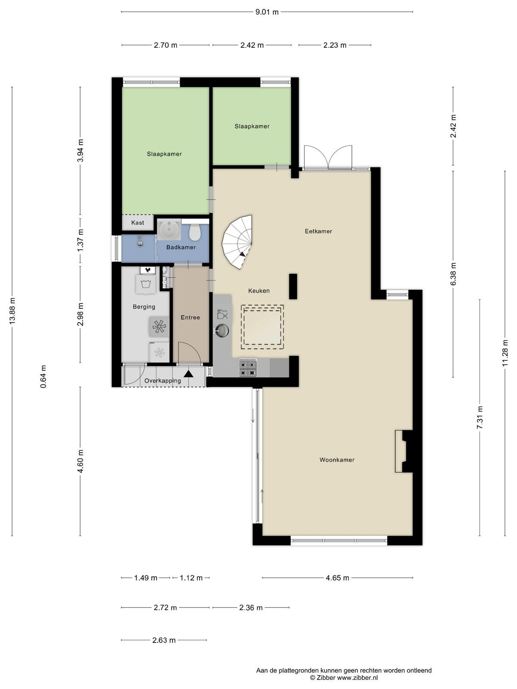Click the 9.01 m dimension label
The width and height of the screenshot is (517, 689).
click(x=267, y=12)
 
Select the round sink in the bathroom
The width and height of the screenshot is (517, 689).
click(x=169, y=229)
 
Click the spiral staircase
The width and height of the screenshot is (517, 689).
click(x=237, y=242)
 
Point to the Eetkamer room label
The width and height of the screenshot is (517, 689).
click(x=318, y=231)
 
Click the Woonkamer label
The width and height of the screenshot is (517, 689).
click(x=337, y=460)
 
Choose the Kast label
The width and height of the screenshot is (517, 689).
click(x=137, y=223)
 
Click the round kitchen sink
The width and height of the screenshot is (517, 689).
click(x=222, y=331)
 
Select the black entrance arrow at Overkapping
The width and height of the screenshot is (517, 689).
click(x=188, y=373)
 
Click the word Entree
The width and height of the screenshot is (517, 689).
click(x=190, y=317)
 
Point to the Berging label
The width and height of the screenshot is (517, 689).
click(x=144, y=307)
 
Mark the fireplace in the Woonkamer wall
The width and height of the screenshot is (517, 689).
click(x=404, y=451)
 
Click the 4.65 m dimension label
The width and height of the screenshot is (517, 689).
click(x=337, y=578)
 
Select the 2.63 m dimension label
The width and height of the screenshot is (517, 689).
click(x=164, y=640)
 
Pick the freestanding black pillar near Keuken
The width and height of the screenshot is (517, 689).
click(x=293, y=286)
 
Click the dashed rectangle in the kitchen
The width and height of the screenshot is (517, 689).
click(x=262, y=327)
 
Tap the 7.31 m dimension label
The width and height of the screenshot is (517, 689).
click(x=480, y=417)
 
